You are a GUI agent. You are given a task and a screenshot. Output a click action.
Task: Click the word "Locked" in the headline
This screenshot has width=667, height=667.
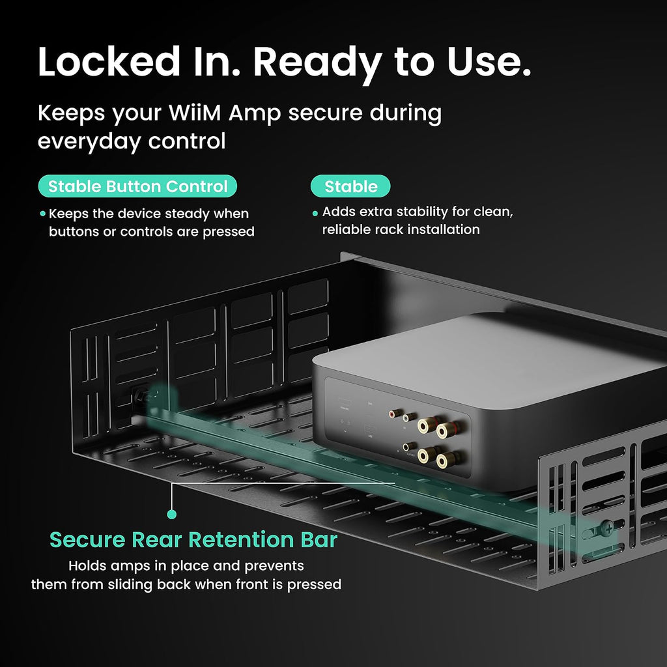click(x=109, y=62)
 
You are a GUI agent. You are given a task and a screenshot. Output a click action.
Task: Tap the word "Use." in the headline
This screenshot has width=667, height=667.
click(x=489, y=62)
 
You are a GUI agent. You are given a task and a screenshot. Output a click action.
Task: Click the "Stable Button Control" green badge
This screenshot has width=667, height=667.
click(x=137, y=186)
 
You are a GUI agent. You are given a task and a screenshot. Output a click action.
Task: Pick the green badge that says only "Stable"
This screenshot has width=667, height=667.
click(x=350, y=186)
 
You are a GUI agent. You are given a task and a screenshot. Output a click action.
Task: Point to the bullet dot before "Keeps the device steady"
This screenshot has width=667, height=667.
click(x=42, y=214)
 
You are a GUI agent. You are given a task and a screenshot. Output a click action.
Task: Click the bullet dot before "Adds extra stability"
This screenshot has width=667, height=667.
click(x=315, y=214)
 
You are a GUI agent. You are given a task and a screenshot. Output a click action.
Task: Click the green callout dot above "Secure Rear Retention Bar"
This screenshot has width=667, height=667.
click(x=172, y=515)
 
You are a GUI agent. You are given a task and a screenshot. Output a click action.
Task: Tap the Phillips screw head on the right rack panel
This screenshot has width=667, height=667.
click(x=608, y=529)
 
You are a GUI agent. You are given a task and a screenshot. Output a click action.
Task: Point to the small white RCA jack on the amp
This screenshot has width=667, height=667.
click(x=409, y=418)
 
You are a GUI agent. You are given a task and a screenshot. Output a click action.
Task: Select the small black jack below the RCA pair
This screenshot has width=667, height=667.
click(x=409, y=447)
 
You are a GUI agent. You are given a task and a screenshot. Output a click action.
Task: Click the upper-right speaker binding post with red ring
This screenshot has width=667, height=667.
click(x=446, y=431)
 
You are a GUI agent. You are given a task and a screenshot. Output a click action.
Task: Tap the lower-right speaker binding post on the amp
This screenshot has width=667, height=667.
click(x=446, y=459)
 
